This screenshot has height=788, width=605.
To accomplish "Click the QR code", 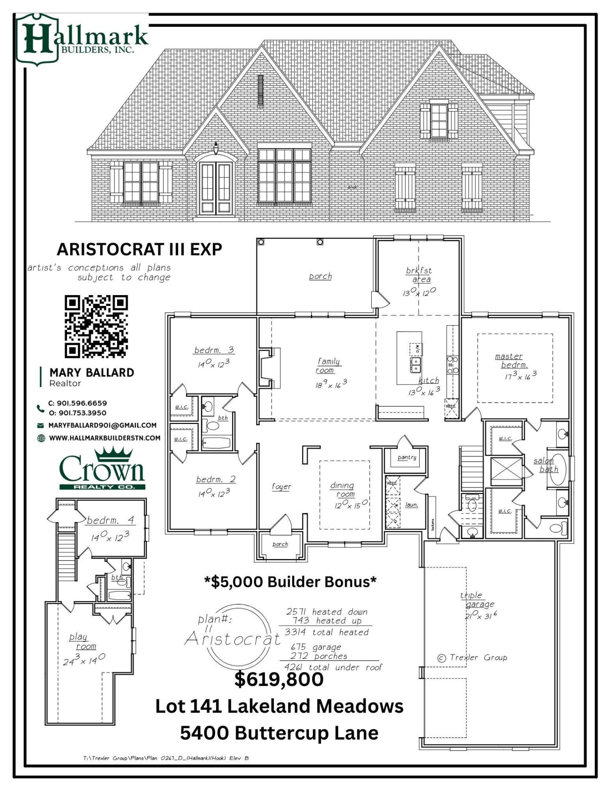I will (x=96, y=326).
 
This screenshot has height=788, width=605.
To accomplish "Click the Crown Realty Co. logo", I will (x=102, y=470).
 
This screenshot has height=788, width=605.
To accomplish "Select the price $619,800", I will (x=279, y=679).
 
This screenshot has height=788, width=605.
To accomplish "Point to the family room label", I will (x=329, y=366).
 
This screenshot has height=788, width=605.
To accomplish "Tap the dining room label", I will (x=343, y=490).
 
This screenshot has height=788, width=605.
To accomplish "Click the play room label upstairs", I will (x=82, y=641).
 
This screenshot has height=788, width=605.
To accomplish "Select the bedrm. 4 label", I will (x=110, y=520).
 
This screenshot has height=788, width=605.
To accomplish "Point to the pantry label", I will (x=407, y=457).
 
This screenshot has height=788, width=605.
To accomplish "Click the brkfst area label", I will (x=419, y=275).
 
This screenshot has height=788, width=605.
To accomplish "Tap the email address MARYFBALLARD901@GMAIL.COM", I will (x=102, y=425).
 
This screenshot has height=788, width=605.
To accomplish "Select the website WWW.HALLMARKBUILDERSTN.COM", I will (x=104, y=438).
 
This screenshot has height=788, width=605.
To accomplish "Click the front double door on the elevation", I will (x=216, y=188).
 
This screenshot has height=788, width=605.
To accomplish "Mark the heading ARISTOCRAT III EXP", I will (x=139, y=249).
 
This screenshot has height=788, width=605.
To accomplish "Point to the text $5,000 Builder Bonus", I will (x=290, y=582).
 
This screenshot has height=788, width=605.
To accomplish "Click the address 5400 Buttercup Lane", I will (x=279, y=733).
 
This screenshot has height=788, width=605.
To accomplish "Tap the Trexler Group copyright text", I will (x=472, y=657).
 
